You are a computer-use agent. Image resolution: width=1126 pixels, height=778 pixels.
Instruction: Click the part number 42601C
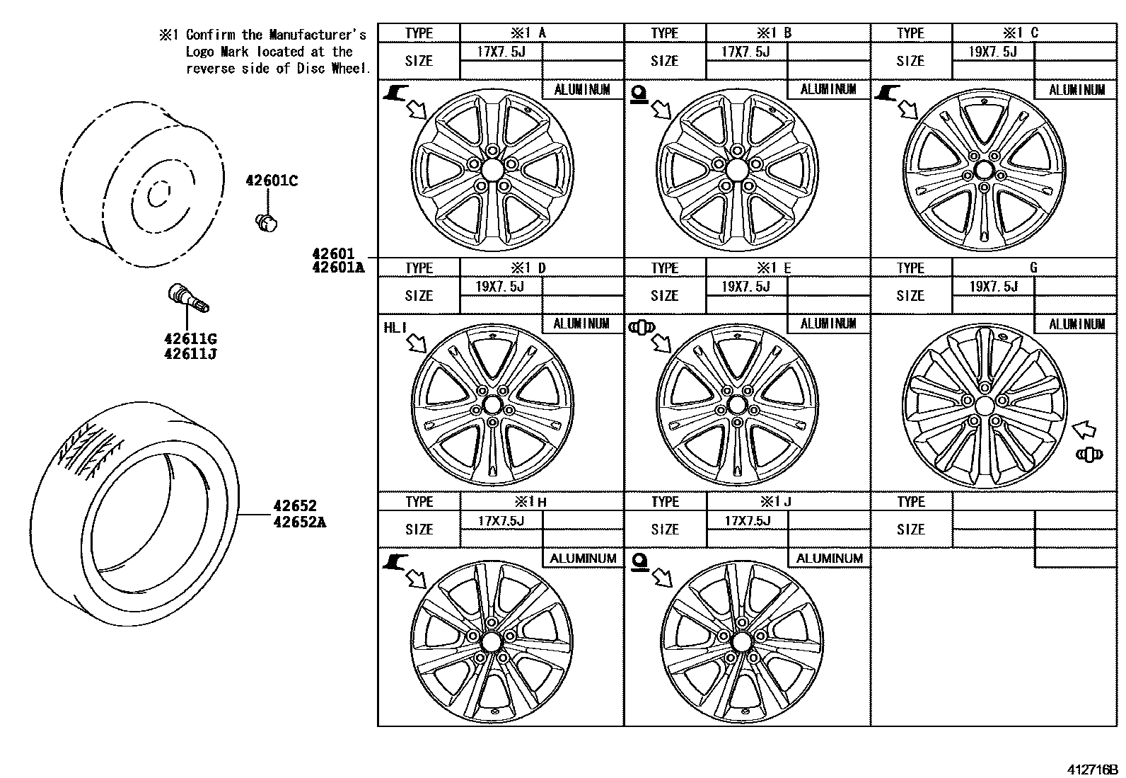point(272,181)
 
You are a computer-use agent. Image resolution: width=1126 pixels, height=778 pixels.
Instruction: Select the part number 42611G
point(190,338)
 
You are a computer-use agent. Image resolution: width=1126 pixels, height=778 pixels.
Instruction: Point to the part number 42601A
point(339,268)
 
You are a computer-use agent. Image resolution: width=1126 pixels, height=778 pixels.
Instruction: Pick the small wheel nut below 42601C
point(266,223)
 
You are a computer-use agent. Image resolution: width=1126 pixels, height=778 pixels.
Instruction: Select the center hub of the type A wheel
point(492,169)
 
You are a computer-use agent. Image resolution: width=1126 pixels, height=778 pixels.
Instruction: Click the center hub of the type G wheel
point(985,405)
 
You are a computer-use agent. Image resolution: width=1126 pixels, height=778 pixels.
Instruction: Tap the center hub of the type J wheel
point(741,642)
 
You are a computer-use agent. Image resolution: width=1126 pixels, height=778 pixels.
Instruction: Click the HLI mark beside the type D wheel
point(395,327)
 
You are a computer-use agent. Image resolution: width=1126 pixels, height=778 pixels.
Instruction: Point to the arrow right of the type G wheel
point(1084,429)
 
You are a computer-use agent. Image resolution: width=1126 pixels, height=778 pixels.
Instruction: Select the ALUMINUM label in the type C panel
point(1076,90)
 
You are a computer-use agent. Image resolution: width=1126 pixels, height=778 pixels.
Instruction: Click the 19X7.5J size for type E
point(745,286)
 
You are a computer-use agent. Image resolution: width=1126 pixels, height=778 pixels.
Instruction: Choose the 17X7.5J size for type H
point(501,520)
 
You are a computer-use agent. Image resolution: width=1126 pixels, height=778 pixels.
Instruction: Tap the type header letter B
point(787,33)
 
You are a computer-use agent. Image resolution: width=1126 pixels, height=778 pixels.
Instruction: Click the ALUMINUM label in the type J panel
point(830,558)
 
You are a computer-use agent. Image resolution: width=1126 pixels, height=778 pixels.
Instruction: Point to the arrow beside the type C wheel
point(906,108)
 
